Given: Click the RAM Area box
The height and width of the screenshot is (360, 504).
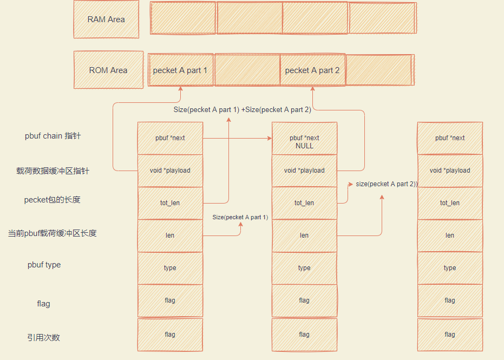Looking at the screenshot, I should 106,19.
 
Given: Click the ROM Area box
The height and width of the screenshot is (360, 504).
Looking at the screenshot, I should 108,70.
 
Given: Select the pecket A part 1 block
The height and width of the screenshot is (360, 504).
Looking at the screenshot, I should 180,70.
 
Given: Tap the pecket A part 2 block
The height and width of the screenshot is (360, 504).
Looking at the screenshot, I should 312,70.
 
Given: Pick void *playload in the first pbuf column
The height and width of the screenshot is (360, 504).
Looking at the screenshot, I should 170,171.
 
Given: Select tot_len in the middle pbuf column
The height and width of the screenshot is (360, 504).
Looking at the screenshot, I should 304,203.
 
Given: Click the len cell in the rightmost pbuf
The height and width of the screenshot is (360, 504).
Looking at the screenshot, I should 450,235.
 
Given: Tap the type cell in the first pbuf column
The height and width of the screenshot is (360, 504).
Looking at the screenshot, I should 170,268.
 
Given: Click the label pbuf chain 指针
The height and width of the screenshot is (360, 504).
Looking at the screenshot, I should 53,136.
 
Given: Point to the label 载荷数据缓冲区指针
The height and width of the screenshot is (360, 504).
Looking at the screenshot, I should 53,171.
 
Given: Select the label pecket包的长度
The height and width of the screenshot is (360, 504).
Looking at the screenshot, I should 53,200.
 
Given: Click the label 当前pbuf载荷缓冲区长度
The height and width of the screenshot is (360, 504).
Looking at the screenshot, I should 53,233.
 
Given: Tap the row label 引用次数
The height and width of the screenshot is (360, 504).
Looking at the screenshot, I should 44,337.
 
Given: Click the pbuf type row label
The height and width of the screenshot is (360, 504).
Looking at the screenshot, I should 44,265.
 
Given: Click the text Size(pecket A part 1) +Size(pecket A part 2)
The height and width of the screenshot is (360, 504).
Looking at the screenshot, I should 242,109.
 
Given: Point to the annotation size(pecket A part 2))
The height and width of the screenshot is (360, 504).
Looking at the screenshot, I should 387,184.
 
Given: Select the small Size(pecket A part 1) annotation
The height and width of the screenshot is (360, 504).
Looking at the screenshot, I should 240,217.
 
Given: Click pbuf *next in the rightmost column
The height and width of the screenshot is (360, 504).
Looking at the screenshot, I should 450,138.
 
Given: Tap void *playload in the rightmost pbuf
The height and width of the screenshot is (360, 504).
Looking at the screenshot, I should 450,171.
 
